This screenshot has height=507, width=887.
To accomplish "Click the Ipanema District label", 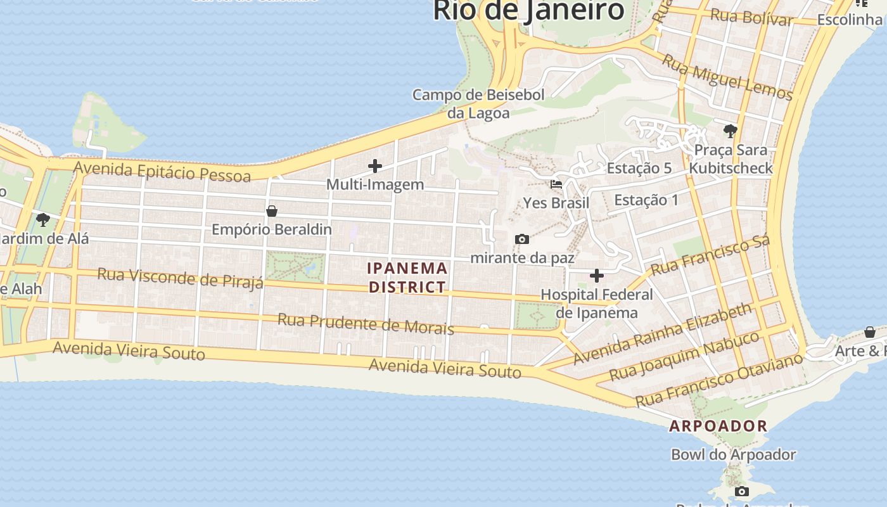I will click(407, 278).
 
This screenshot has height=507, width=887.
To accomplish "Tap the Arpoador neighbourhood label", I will click(718, 426).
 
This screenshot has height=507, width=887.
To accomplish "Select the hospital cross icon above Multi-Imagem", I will click(375, 166).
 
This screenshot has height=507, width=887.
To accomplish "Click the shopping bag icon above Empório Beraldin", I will click(272, 211).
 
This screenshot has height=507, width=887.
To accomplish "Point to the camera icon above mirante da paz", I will click(522, 239).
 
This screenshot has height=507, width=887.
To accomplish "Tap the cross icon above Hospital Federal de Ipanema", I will click(596, 276).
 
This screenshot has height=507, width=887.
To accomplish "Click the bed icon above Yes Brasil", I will click(556, 184).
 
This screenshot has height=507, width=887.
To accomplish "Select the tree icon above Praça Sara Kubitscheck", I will click(730, 131).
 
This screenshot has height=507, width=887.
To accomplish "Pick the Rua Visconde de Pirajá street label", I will click(180, 277).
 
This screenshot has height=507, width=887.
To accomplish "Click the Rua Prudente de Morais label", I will click(366, 323).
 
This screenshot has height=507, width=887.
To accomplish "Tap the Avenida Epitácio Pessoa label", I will click(162, 172).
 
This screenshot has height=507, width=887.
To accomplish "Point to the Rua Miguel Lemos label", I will click(727, 77).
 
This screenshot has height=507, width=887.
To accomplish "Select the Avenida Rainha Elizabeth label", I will click(662, 334).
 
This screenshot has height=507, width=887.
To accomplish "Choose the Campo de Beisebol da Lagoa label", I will click(478, 104).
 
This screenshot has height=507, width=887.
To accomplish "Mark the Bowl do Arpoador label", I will click(733, 454).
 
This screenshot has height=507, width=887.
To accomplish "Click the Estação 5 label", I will click(639, 168).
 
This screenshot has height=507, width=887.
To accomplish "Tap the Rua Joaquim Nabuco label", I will click(684, 356).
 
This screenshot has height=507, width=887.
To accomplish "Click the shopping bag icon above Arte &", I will click(870, 332).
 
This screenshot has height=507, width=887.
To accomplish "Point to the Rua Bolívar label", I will click(751, 17).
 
